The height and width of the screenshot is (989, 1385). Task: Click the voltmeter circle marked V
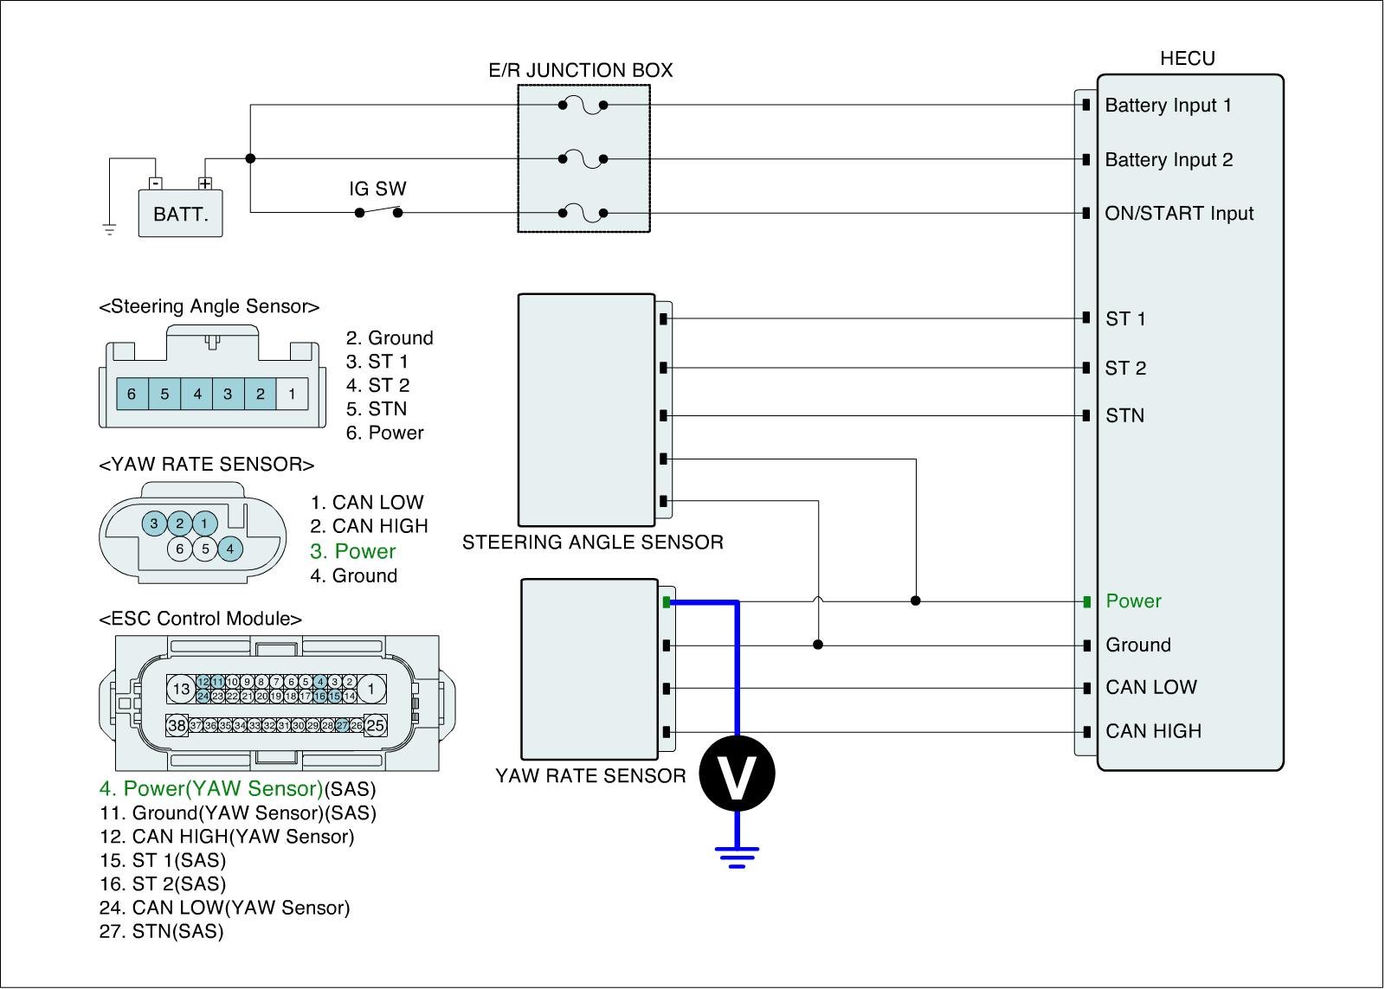(x=737, y=774)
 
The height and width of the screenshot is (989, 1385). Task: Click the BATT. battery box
(x=180, y=213)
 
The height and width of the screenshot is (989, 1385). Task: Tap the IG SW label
(x=377, y=189)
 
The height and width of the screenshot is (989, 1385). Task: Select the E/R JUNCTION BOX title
(x=581, y=70)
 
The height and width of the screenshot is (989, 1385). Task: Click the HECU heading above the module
(x=1187, y=58)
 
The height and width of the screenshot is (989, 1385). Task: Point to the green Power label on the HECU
(x=1133, y=600)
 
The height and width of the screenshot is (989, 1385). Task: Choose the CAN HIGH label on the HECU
(x=1154, y=731)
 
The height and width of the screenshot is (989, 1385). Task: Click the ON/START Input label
(x=1179, y=213)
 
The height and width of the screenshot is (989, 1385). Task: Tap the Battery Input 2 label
(x=1169, y=159)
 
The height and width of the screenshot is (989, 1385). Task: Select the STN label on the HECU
(x=1124, y=415)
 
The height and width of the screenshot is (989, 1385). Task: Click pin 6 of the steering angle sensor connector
(x=132, y=394)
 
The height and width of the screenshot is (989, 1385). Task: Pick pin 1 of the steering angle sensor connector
(x=292, y=394)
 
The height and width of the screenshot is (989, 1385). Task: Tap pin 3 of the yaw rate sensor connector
(x=154, y=523)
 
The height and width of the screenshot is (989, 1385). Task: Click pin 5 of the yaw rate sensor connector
(x=205, y=549)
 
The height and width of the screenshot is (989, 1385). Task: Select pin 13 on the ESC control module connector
(x=181, y=690)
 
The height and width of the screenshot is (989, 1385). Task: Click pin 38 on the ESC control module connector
(x=177, y=726)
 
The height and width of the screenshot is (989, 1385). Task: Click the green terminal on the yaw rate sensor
(x=667, y=602)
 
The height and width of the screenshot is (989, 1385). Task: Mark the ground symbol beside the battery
(x=109, y=230)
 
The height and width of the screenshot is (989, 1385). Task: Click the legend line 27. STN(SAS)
(x=161, y=931)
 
